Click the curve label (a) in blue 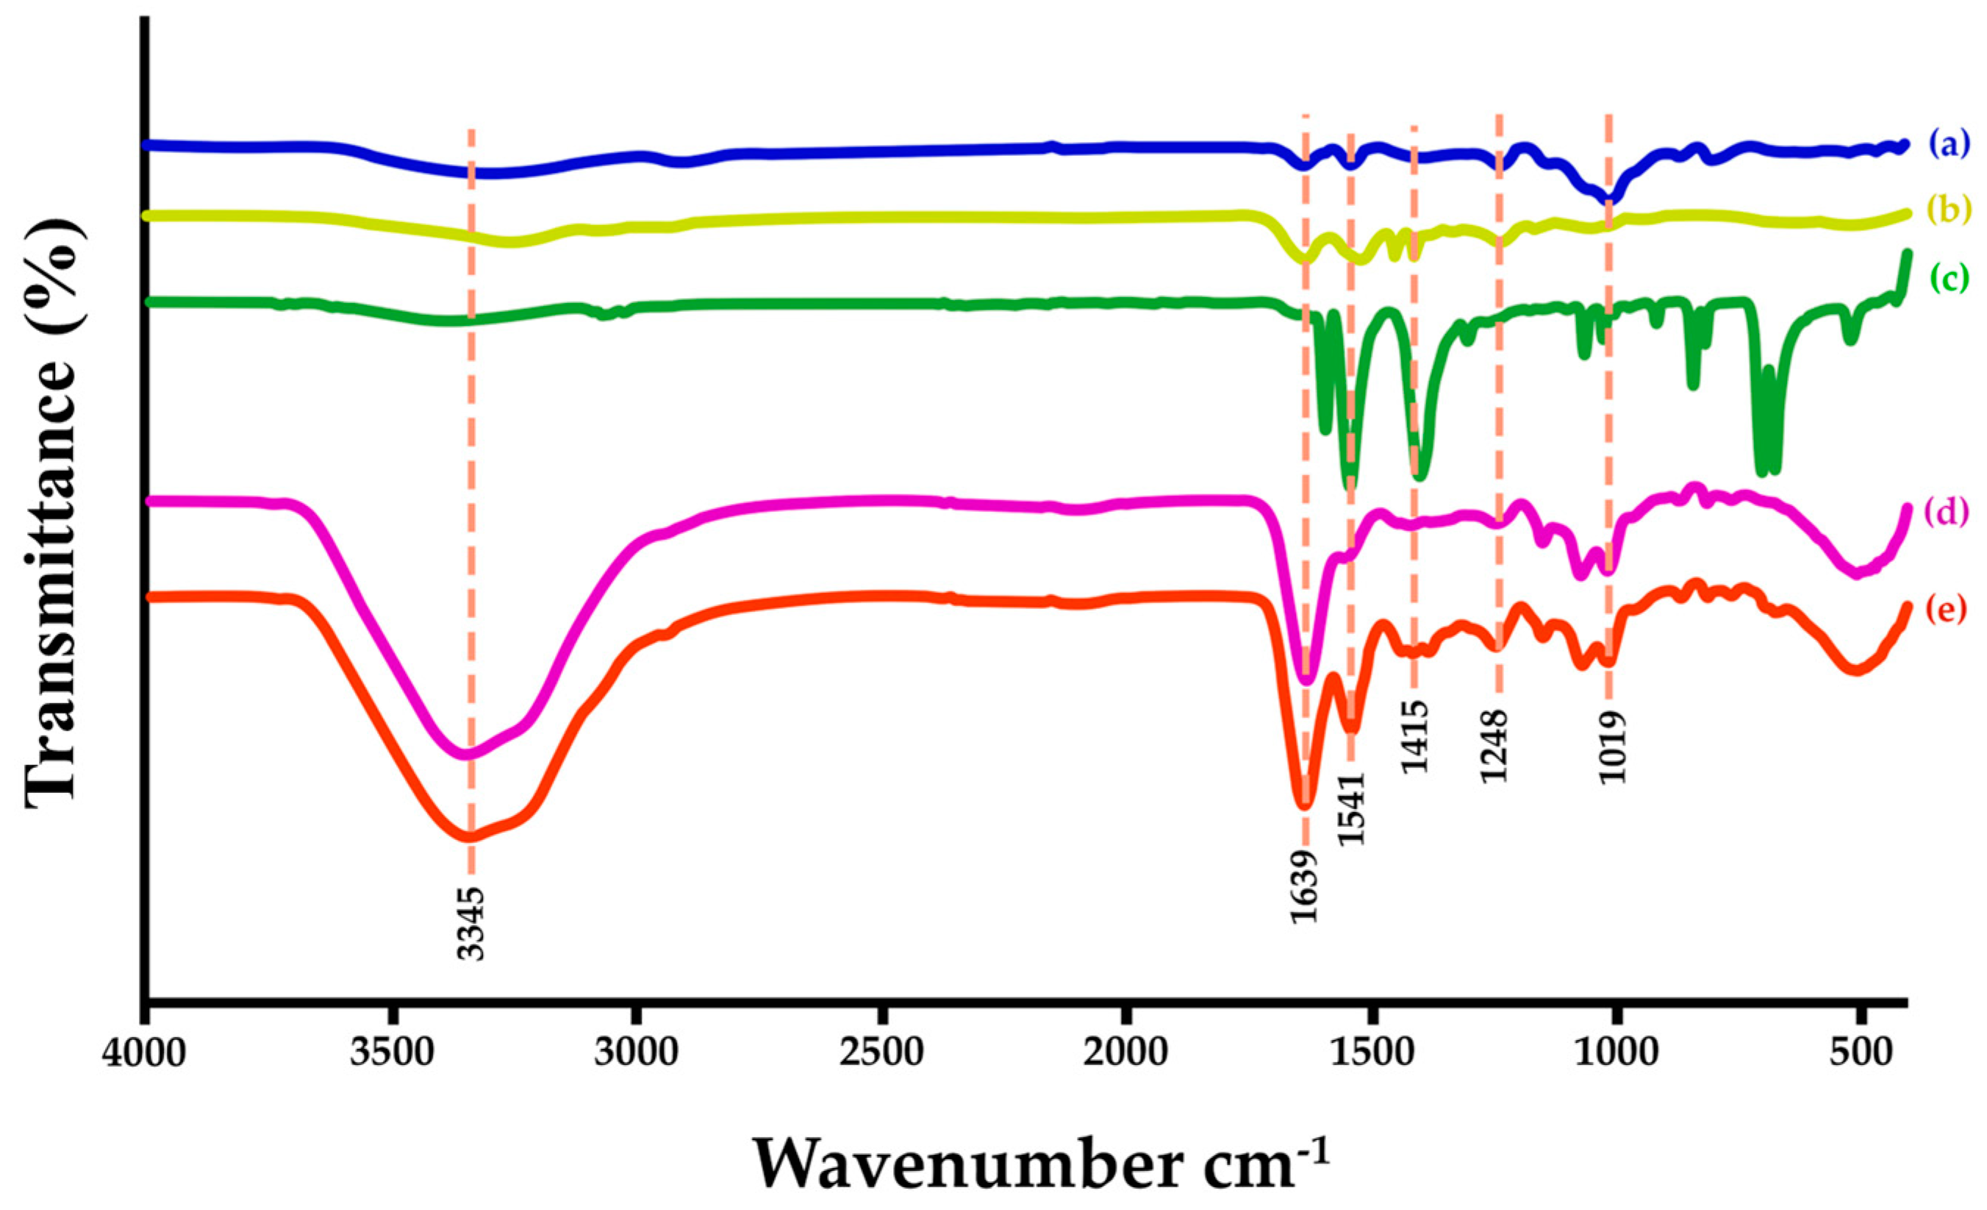click(1948, 146)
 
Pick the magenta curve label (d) click(1948, 511)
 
